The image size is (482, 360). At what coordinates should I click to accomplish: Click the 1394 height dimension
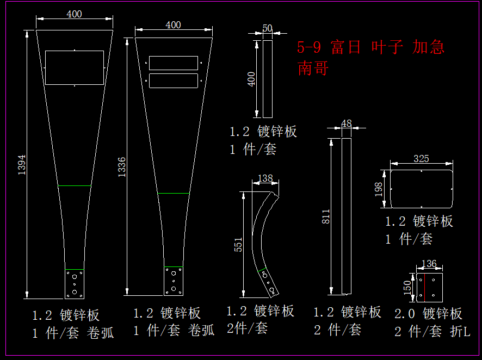tap(22, 165)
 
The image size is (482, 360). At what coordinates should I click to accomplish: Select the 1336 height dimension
tap(122, 167)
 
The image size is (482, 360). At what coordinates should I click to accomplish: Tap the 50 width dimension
tap(268, 28)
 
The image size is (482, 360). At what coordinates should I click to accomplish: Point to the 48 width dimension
tap(347, 123)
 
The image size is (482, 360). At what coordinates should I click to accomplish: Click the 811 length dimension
tap(325, 216)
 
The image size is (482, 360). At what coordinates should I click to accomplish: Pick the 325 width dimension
tap(421, 158)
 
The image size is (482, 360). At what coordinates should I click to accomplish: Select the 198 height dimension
tap(379, 189)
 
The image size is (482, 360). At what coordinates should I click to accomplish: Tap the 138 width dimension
tap(265, 178)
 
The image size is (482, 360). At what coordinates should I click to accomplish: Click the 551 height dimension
tap(238, 245)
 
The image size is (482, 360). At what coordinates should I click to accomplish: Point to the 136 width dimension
tap(429, 264)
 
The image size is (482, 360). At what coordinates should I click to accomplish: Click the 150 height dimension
tap(407, 287)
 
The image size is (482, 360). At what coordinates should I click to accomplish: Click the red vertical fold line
tap(424, 287)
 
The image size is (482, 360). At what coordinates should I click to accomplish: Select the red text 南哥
tap(313, 68)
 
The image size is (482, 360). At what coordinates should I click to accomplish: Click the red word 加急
tap(428, 47)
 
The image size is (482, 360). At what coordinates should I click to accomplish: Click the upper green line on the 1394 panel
tap(75, 185)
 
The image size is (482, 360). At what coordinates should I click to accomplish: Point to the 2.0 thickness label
tap(405, 314)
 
